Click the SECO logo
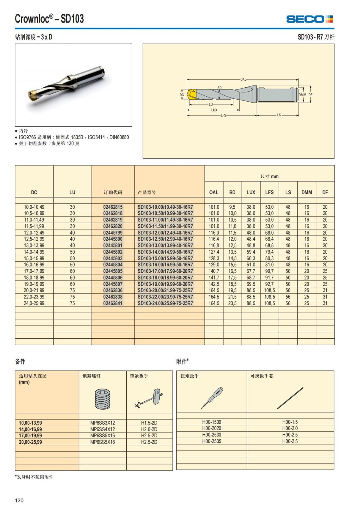[309, 19]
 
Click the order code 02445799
[113, 233]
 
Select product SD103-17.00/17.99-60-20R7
[165, 271]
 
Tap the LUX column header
[251, 192]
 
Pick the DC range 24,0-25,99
[34, 303]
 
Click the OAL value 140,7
[214, 271]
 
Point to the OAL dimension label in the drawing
[243, 79]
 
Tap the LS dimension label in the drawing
[279, 115]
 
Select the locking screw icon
[103, 399]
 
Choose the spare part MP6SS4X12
[103, 429]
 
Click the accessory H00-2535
[211, 441]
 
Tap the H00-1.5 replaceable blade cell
[290, 422]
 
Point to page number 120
[19, 500]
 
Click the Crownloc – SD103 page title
[49, 19]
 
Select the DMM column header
[307, 192]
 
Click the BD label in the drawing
[220, 88]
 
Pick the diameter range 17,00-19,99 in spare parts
[31, 436]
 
